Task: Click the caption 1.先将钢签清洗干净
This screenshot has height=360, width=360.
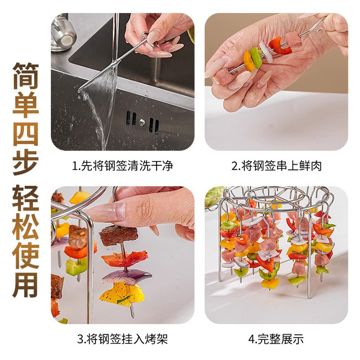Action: click(122, 166)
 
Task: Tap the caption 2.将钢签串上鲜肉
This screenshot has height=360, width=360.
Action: click(276, 166)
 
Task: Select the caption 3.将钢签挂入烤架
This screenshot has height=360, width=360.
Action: click(122, 339)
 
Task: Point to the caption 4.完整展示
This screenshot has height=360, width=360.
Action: click(276, 339)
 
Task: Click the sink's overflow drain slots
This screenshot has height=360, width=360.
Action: click(142, 121)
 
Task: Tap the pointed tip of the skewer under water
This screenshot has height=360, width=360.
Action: click(80, 91)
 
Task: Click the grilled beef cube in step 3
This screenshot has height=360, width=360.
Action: click(118, 235)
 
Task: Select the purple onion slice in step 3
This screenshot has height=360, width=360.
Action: click(126, 275)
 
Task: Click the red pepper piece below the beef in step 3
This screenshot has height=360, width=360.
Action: click(124, 259)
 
